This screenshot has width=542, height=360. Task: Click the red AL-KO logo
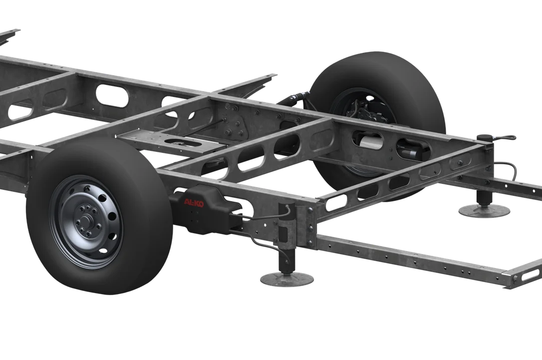(194, 203)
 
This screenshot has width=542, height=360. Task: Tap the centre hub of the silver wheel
(85, 221)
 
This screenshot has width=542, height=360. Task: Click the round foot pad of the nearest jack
(286, 279)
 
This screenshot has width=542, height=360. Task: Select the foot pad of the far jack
(484, 210)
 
